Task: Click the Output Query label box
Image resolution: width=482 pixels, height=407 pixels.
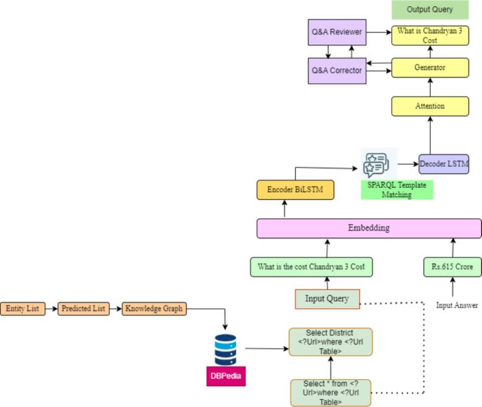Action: [430, 10]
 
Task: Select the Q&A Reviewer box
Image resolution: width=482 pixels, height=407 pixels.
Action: [337, 32]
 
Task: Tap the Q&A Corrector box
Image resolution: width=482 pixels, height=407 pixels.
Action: [337, 70]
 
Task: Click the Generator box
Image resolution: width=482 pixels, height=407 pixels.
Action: [430, 68]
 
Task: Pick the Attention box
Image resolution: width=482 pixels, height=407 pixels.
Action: [430, 106]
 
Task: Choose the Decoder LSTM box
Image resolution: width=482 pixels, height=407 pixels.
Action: [444, 164]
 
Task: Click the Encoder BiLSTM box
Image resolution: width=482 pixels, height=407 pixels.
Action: [295, 190]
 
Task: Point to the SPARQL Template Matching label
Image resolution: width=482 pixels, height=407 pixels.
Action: [397, 189]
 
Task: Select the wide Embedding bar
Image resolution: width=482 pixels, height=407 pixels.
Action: [369, 229]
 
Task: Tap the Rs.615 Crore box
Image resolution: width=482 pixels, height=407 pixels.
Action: [453, 267]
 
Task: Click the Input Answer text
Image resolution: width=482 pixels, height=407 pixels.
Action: [457, 306]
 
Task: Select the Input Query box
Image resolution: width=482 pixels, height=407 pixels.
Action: [327, 299]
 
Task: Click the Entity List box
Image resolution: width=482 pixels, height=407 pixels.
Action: [23, 309]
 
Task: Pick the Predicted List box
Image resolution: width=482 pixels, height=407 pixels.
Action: [83, 309]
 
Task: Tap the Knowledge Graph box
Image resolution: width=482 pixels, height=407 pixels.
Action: [153, 309]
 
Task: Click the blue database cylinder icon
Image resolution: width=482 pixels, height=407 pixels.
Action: [226, 350]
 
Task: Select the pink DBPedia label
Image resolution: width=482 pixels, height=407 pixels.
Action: [226, 376]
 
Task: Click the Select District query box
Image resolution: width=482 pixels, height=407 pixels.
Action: [330, 342]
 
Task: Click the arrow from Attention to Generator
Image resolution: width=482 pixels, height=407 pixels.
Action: [430, 87]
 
